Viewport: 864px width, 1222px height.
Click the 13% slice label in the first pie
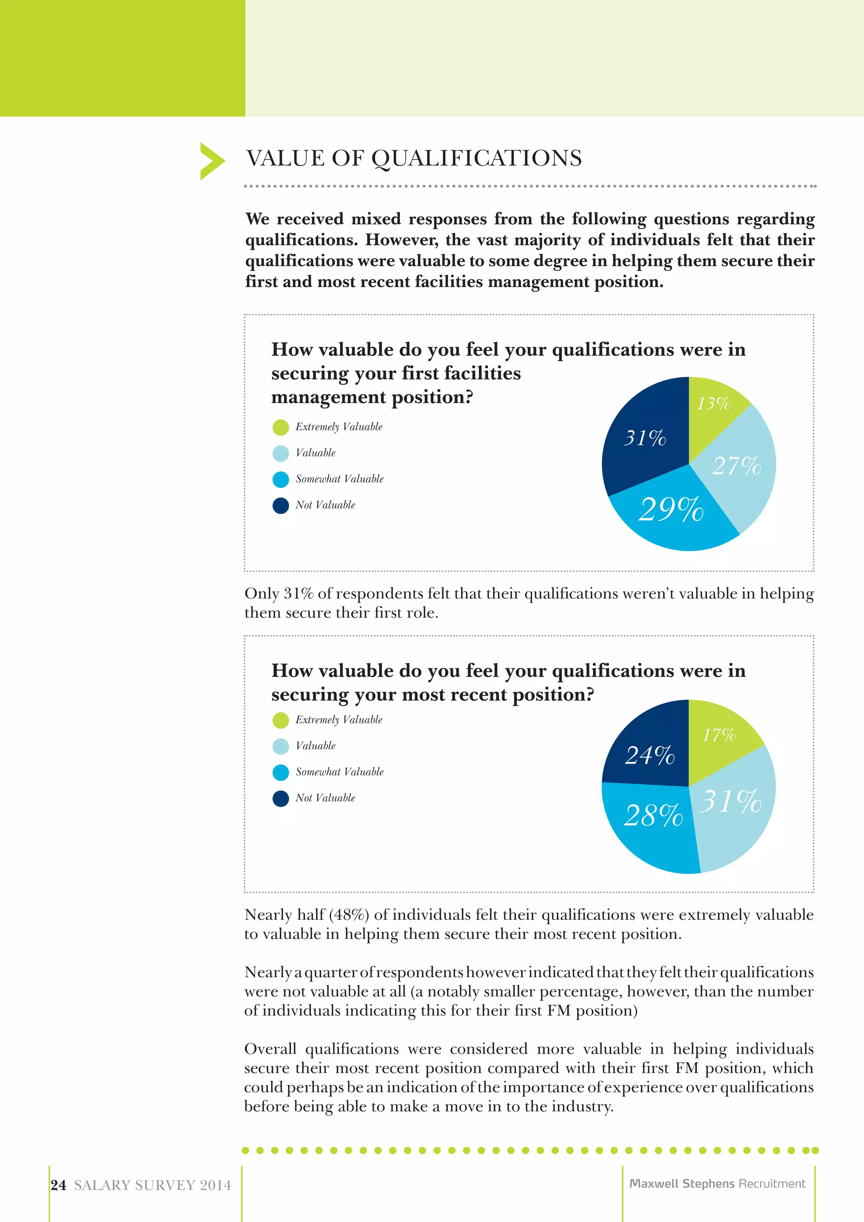713,404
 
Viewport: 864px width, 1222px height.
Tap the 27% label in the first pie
736,466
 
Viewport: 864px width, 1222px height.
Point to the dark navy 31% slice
644,438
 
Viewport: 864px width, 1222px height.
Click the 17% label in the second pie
719,735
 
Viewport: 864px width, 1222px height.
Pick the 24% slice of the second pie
650,755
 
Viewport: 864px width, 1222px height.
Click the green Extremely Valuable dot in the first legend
281,427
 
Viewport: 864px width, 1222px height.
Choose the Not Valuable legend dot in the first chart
281,505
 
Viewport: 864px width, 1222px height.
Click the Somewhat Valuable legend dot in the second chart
281,772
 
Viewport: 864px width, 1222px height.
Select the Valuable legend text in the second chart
316,746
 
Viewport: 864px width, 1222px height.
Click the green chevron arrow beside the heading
212,161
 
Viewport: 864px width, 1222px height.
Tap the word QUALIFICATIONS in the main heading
476,159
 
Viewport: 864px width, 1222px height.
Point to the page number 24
59,1185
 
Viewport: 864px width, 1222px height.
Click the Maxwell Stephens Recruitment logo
717,1183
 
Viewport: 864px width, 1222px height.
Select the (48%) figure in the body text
349,915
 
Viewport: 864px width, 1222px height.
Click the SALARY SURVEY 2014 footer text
153,1185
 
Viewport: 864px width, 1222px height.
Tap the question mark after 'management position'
468,397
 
